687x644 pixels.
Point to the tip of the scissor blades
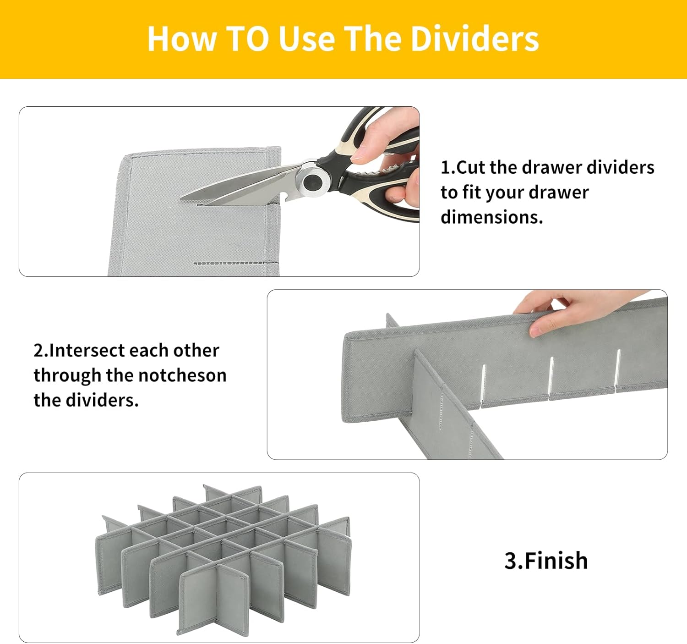click(181, 198)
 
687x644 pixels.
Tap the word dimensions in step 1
click(492, 217)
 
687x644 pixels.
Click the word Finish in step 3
click(556, 561)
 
